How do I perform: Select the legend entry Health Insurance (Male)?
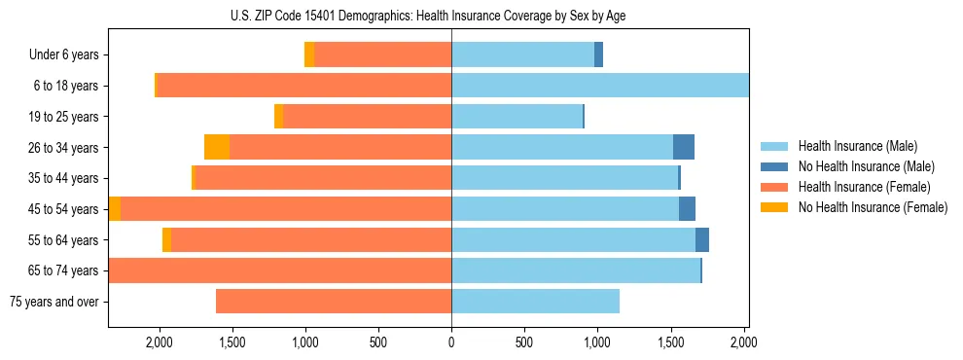pos(858,146)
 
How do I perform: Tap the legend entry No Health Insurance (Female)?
pos(873,207)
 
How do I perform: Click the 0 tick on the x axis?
pos(451,342)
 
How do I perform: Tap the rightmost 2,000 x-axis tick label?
pos(743,342)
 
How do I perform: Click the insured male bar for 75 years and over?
pos(535,302)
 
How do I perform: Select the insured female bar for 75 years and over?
pos(334,302)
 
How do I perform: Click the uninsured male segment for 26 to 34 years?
pos(684,148)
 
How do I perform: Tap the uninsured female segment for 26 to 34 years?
pos(217,148)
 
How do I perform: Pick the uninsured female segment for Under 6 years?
pos(309,55)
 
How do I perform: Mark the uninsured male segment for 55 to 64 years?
pos(702,240)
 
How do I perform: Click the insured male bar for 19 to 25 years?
pos(517,117)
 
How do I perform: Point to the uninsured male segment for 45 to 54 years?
pos(687,209)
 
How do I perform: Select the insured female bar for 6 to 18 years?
pos(303,86)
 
